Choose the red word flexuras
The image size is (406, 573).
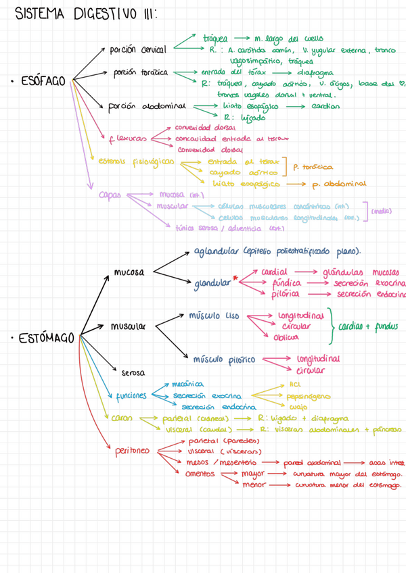point(127,139)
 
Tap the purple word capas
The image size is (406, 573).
point(110,195)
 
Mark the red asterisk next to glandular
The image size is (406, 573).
point(235,278)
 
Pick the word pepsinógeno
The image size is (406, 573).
point(309,396)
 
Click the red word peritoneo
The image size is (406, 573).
point(131,450)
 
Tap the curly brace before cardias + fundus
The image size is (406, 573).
point(331,326)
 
